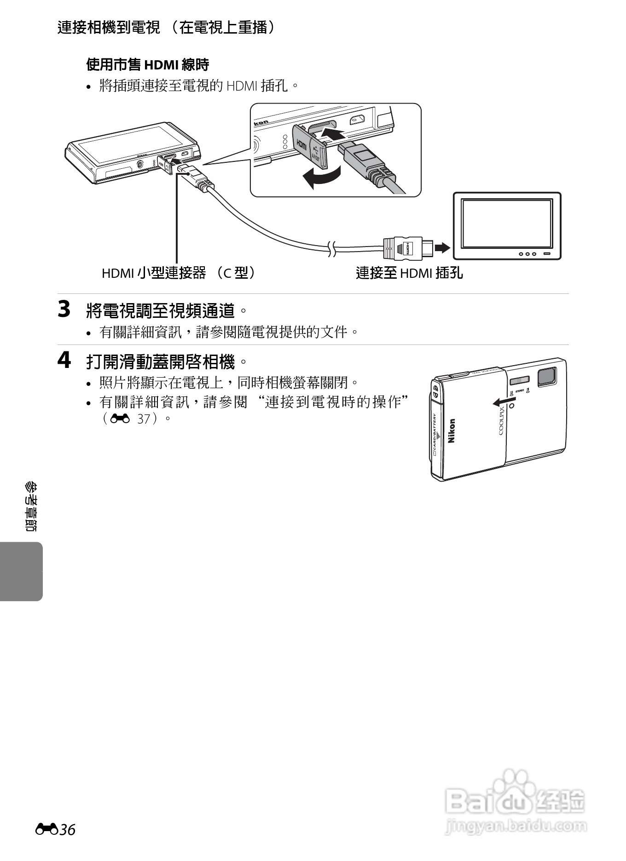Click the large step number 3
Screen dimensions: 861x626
[x=64, y=309]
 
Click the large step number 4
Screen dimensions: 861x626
[x=64, y=360]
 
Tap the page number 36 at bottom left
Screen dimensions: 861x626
[x=67, y=830]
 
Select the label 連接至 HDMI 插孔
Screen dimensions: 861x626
[x=409, y=273]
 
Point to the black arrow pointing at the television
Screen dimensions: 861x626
[x=442, y=248]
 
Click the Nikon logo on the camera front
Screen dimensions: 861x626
[x=452, y=430]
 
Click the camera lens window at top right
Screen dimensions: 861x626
[x=547, y=376]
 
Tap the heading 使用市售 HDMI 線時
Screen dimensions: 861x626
[x=148, y=65]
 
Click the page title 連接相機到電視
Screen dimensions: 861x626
[x=109, y=28]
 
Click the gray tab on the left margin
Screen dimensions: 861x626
[x=21, y=571]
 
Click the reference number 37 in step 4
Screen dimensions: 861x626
[x=144, y=419]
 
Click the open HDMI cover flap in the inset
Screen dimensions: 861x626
[x=309, y=147]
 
